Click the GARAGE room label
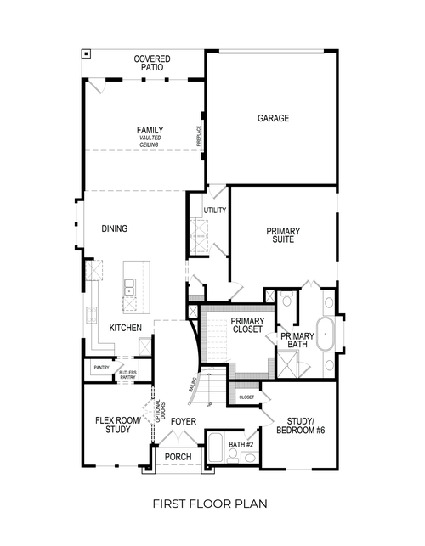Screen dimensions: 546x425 coord(273,118)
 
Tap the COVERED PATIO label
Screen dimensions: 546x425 coord(152,63)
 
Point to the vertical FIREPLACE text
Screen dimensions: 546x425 coord(199,135)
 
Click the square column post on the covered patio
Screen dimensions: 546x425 coord(87,53)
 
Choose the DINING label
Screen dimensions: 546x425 coord(115,228)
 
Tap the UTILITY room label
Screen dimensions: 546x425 coord(214,211)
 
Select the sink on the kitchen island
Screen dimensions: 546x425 coord(130,289)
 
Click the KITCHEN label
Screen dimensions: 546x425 coord(125,328)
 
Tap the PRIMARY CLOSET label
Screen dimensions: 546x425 coord(247,325)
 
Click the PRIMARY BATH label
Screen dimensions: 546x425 coord(297,341)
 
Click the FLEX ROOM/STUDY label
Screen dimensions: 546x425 coord(110,425)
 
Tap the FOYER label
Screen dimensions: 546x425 coord(184,421)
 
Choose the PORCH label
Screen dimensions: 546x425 coord(178,457)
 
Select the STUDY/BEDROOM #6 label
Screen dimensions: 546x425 coord(300,425)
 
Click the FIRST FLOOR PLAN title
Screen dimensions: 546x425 coord(210,504)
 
